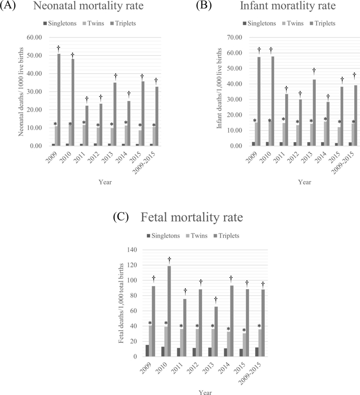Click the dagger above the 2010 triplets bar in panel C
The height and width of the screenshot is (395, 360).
click(x=170, y=260)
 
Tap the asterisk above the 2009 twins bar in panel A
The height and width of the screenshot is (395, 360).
click(x=55, y=124)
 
